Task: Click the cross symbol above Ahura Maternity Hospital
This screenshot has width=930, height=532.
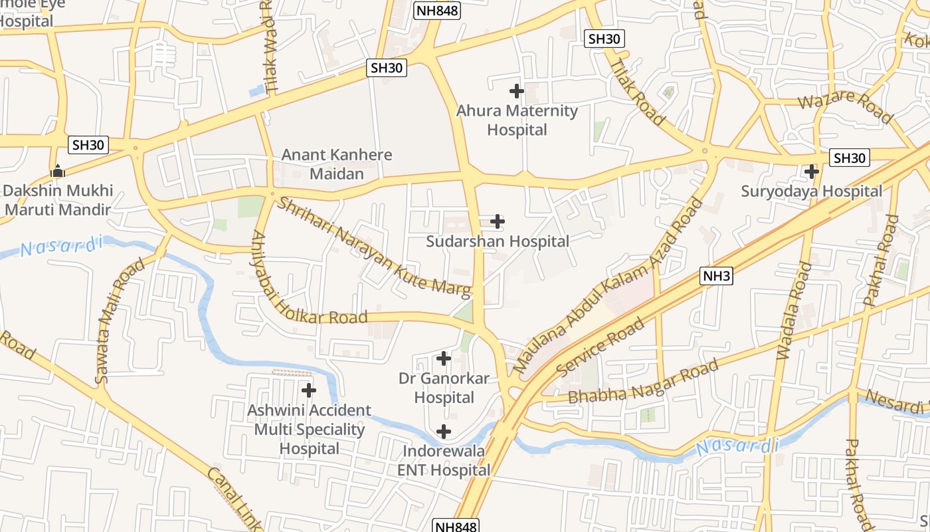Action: point(516,91)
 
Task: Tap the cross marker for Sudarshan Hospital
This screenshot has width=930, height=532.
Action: point(497,221)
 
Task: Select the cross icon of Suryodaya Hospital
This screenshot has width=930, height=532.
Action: point(811,172)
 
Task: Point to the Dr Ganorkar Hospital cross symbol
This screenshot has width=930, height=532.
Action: point(443,359)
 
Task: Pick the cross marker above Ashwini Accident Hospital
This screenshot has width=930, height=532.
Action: point(309,390)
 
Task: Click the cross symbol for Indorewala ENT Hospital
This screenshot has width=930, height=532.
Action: point(443,432)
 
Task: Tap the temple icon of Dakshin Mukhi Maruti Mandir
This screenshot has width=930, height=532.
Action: point(58,171)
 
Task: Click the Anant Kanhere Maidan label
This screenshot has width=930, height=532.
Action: point(337,164)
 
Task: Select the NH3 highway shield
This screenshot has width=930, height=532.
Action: point(717,276)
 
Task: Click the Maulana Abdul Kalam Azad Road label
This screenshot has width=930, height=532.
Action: point(607,286)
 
